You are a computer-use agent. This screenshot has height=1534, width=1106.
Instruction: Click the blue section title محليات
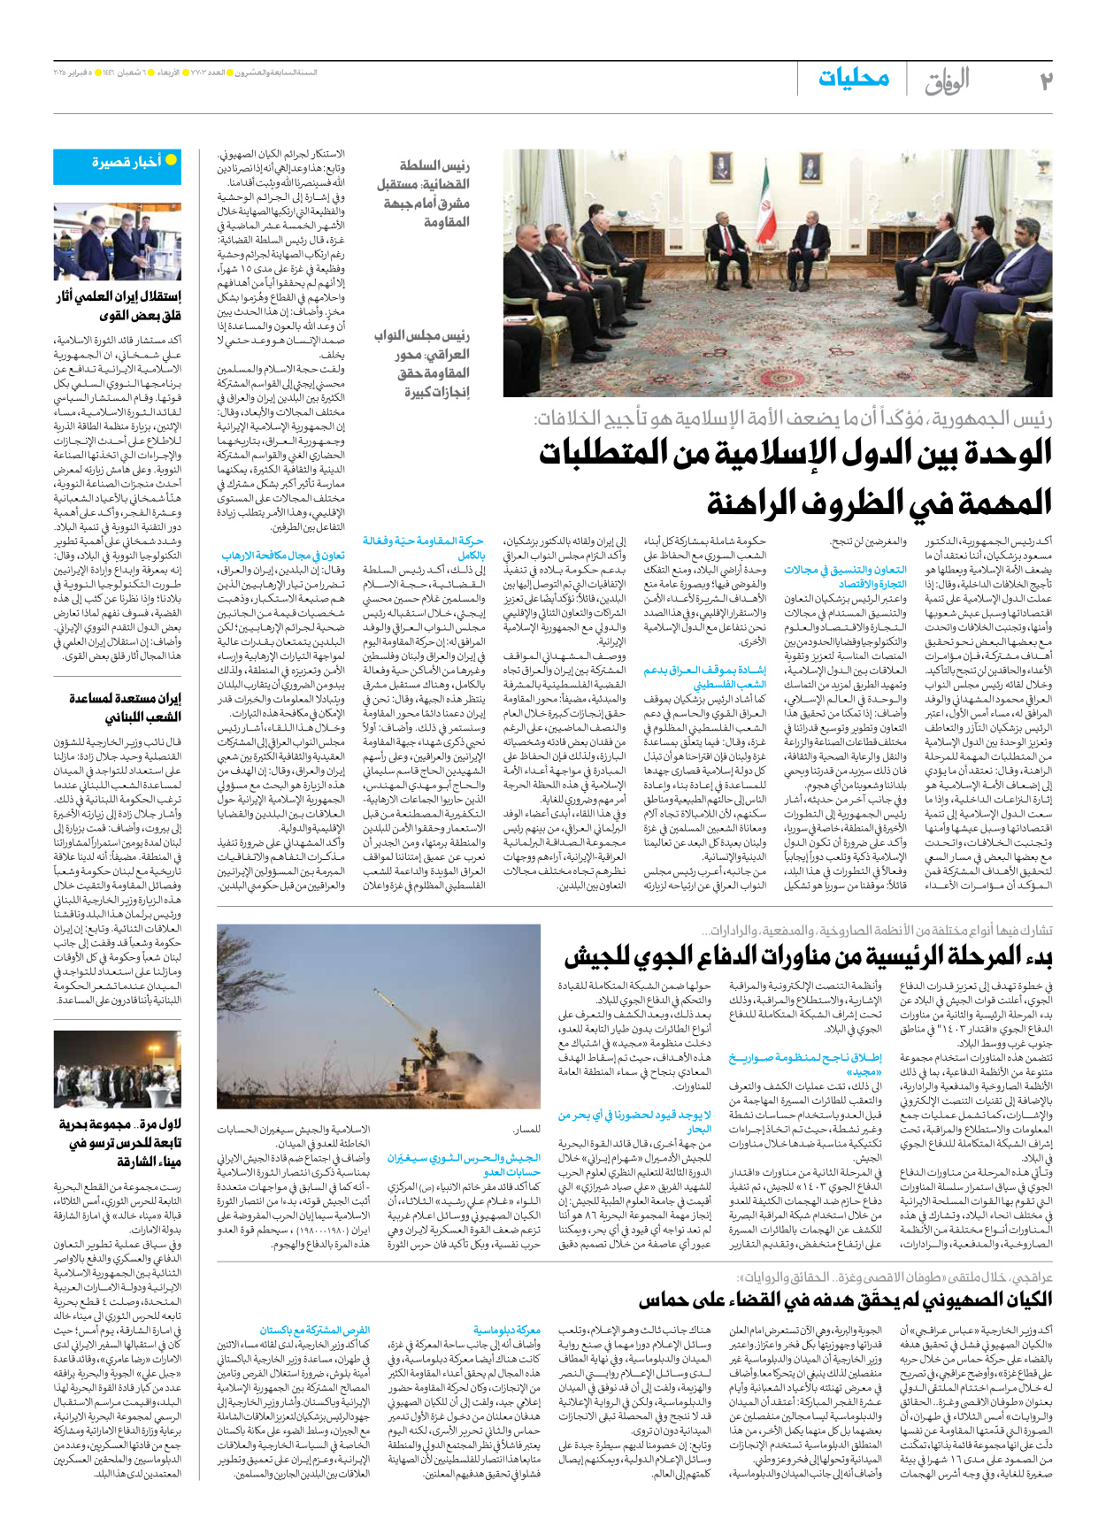click(x=853, y=79)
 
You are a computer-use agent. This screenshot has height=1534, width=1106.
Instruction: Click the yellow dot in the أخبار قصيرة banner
click(x=172, y=160)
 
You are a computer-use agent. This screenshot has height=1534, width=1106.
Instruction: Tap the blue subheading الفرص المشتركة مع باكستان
click(x=314, y=1330)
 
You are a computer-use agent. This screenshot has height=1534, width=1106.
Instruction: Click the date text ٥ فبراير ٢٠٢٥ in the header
click(x=72, y=72)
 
